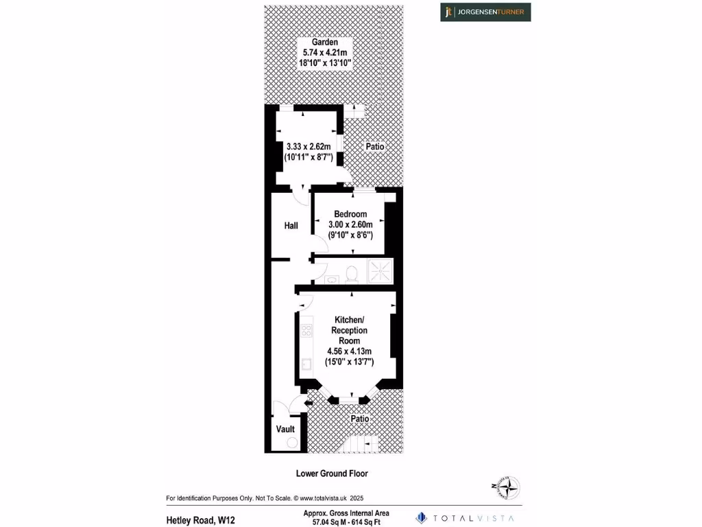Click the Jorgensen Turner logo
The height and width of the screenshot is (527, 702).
(485, 12)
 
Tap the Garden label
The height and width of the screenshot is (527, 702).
(325, 43)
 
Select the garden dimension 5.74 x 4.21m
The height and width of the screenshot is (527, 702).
(325, 52)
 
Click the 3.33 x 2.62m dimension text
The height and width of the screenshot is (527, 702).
(308, 146)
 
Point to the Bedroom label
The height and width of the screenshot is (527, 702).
(350, 214)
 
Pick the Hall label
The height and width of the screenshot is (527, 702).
(291, 225)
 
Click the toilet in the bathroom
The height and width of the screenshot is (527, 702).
(352, 274)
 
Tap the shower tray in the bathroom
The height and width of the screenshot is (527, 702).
(381, 271)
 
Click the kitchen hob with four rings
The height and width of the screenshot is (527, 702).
(306, 331)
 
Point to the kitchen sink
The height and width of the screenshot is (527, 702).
(306, 364)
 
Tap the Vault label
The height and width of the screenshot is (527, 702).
(285, 430)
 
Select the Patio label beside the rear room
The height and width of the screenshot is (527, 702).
(374, 147)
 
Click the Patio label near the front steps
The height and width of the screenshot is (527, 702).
(360, 419)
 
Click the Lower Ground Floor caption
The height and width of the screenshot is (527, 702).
(332, 473)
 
